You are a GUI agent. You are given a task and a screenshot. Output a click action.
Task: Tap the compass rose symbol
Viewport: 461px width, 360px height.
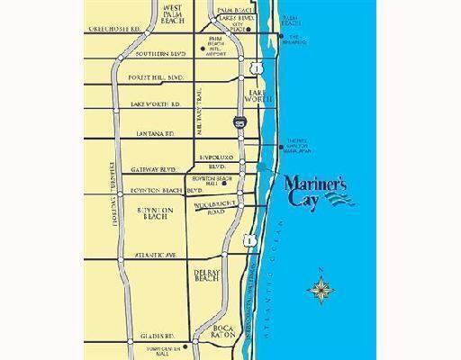point(321,289)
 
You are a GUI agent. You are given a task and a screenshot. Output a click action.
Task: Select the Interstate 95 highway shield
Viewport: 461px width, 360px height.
point(239,121)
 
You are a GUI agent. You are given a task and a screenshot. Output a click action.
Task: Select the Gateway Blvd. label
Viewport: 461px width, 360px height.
point(152,168)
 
